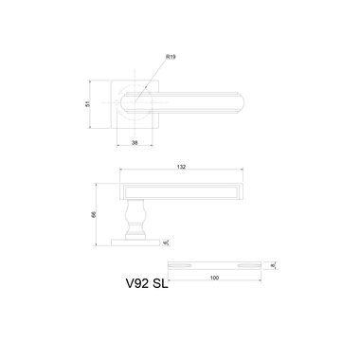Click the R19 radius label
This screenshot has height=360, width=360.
[171, 58]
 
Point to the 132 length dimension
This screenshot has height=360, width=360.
[180, 167]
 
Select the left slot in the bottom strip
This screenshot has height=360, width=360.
[185, 263]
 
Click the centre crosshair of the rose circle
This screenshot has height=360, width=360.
[136, 98]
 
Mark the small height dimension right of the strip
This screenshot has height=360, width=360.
[272, 264]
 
